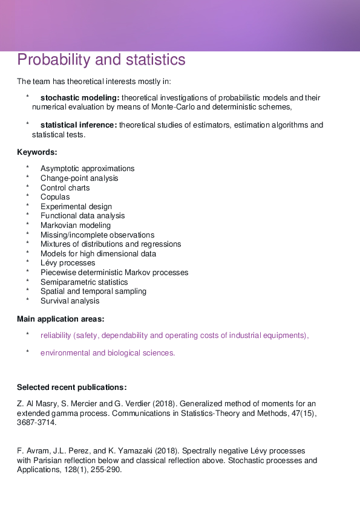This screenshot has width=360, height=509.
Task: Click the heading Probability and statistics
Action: pos(101,60)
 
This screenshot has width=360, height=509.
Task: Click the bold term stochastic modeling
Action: pos(79,98)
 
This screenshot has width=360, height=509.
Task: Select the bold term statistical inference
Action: pos(79,125)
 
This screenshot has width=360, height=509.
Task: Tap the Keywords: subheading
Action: pos(37,152)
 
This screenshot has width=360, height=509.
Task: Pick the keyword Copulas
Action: pos(55,197)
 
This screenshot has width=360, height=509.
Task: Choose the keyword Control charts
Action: pos(65,188)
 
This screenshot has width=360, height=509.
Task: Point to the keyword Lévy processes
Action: pos(68,263)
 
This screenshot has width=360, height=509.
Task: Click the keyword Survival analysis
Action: pos(70,301)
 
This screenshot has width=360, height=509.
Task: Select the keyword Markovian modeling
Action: pos(76,225)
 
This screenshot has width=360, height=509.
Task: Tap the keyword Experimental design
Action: pos(76,207)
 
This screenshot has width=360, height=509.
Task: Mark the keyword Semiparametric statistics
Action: pos(84,282)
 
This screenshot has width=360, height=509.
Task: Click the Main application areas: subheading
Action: pos(61,319)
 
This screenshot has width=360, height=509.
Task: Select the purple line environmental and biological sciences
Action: pos(108,353)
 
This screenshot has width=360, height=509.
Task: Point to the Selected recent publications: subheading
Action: pos(71,387)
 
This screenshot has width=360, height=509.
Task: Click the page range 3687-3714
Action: pos(37,423)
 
